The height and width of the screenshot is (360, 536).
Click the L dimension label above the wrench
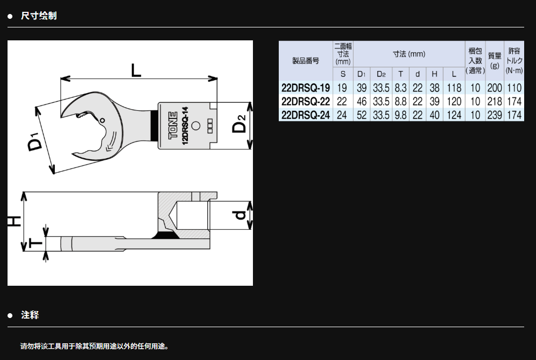[136, 70]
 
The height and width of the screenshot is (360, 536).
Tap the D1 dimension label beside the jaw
[36, 140]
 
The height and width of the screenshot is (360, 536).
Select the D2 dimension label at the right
[239, 123]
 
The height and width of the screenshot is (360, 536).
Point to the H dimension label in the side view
[15, 221]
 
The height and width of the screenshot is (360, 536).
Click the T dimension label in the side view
[36, 243]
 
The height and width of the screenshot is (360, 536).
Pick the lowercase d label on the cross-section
[239, 215]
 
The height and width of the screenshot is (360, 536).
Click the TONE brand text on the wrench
[173, 125]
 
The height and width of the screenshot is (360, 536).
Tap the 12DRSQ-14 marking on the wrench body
[185, 125]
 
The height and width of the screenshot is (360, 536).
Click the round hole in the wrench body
[195, 125]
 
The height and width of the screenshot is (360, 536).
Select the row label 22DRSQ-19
[306, 88]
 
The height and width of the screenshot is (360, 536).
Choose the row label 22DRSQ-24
[306, 115]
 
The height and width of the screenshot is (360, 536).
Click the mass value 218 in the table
[495, 102]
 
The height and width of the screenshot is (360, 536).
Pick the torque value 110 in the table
[514, 88]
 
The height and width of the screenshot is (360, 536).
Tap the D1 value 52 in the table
[361, 115]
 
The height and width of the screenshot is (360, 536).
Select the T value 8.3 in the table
[400, 88]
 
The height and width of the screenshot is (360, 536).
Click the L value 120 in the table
[454, 102]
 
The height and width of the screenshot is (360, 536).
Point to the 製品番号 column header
[306, 61]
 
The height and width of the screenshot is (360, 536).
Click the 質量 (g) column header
[495, 60]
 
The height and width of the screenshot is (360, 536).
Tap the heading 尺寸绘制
[39, 16]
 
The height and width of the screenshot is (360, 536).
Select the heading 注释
[30, 315]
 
